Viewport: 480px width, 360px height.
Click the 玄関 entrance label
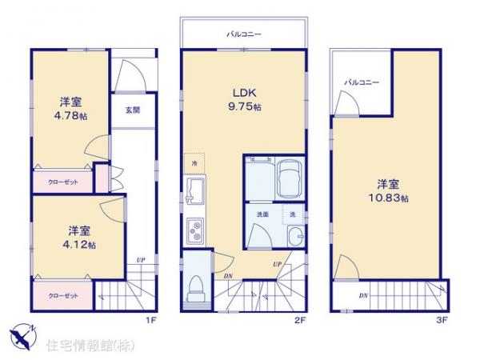132,110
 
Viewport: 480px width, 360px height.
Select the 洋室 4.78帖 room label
70,109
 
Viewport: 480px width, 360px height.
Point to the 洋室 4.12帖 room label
78,237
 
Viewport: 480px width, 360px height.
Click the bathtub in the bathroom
289,180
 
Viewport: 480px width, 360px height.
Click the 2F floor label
299,320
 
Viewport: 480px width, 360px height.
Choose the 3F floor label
441,320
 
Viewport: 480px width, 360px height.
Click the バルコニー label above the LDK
242,34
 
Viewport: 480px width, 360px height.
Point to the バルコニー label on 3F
362,82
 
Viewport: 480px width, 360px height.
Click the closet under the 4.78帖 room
62,182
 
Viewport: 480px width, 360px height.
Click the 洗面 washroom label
262,215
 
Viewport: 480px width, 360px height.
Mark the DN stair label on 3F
363,296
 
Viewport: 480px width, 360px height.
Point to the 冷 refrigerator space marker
194,164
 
